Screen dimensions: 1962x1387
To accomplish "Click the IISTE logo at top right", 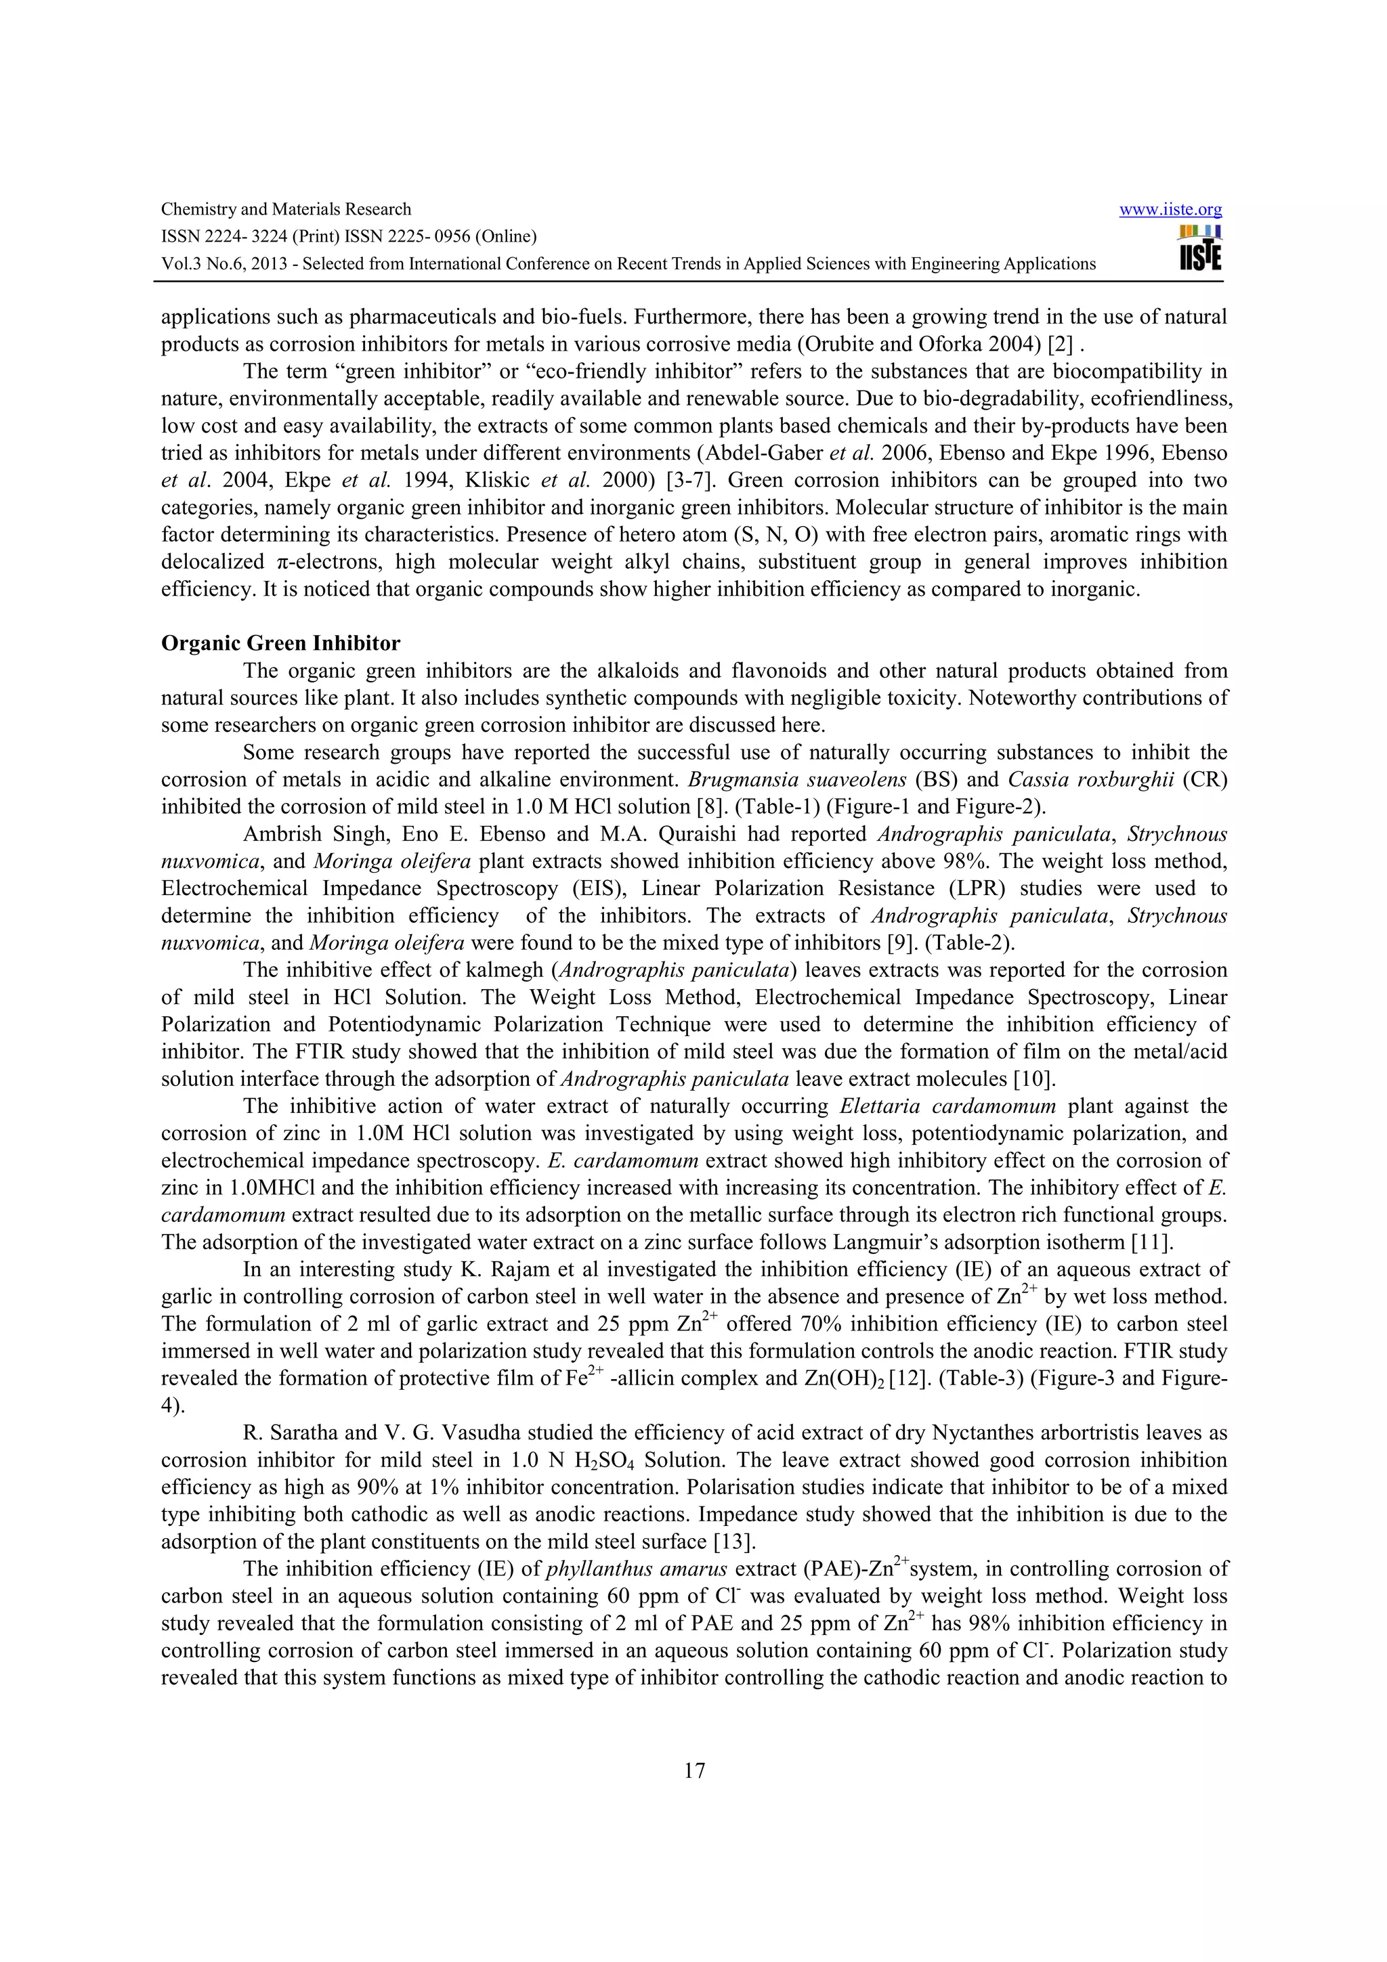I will (1200, 248).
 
